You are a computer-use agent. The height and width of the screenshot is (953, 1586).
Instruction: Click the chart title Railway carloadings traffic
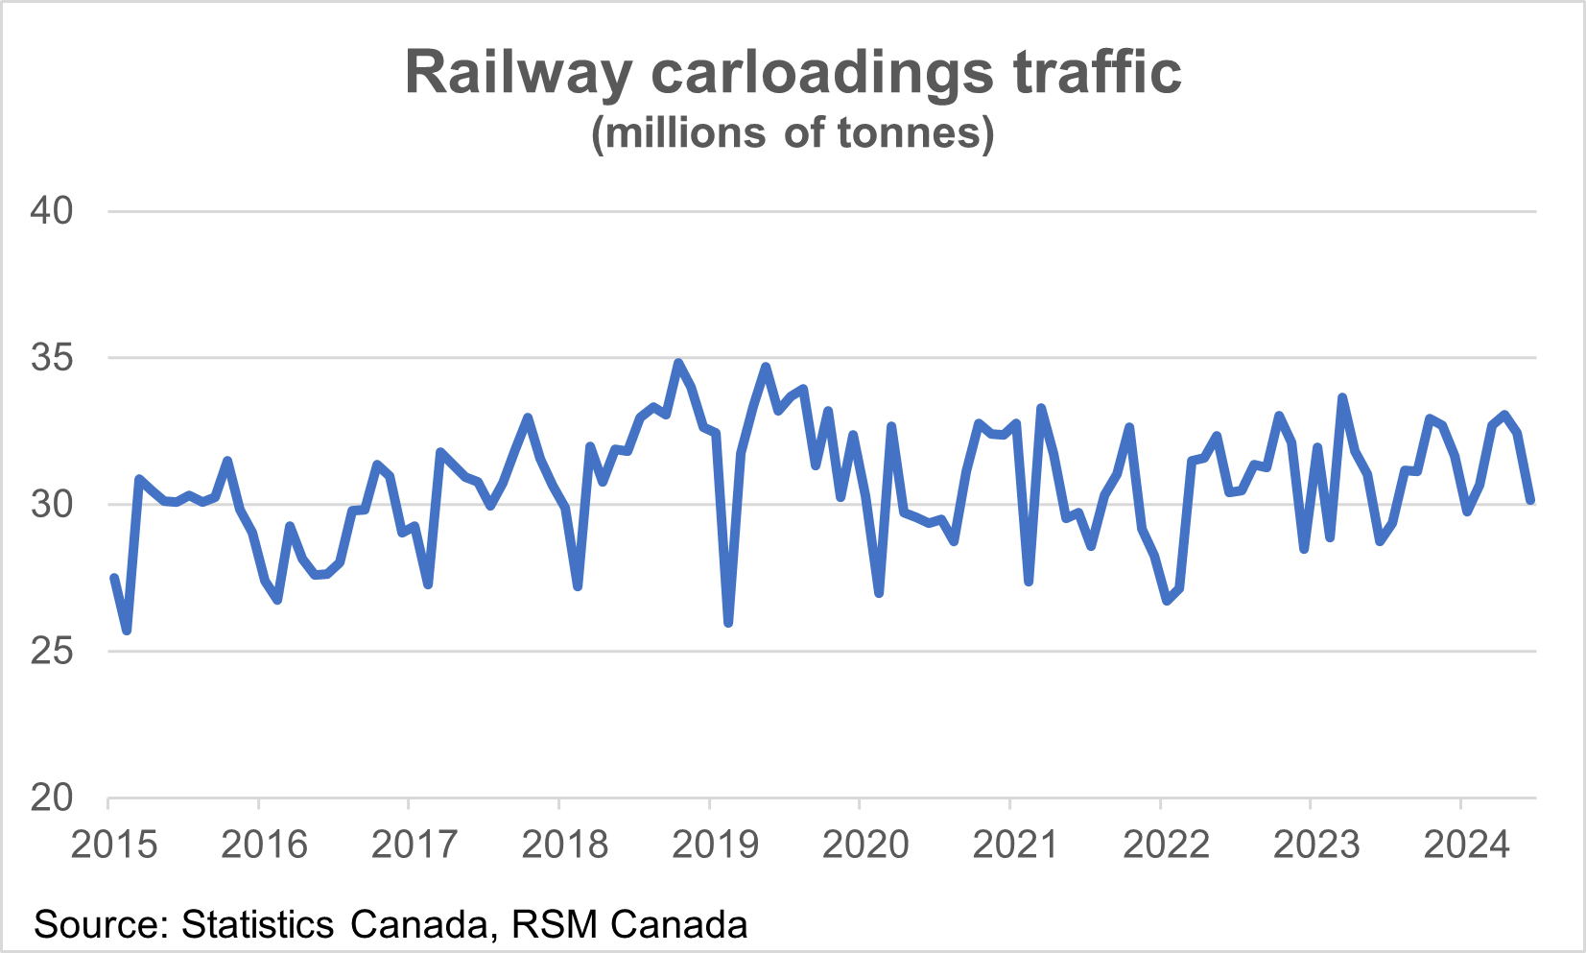tap(793, 72)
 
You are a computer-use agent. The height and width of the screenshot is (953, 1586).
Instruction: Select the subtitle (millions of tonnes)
tap(793, 132)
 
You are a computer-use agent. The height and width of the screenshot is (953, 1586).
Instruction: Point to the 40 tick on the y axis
tap(52, 211)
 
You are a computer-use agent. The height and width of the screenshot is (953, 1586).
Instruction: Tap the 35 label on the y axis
tap(52, 358)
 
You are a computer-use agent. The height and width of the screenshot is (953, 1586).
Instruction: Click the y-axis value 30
tap(52, 504)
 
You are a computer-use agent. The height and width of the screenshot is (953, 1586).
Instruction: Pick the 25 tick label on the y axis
tap(52, 652)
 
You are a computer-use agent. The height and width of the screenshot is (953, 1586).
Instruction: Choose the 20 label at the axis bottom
tap(52, 798)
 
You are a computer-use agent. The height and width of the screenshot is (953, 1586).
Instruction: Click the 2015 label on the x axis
tap(114, 845)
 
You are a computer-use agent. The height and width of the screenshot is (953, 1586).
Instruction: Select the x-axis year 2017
tap(414, 845)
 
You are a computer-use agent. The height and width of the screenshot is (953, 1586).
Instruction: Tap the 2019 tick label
tap(715, 845)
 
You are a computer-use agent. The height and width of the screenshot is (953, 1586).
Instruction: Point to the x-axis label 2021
tap(1015, 845)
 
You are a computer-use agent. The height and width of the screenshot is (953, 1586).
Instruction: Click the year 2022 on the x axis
tap(1166, 845)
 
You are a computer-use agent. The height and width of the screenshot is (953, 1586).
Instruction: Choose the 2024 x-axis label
tap(1466, 845)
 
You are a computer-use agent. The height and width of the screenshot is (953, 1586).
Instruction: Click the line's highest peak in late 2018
tap(678, 363)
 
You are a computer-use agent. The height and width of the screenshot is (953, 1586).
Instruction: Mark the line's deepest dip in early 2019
tap(728, 624)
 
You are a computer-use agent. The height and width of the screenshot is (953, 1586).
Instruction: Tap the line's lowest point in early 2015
tap(127, 631)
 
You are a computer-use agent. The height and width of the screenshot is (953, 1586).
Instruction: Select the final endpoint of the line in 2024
tap(1530, 500)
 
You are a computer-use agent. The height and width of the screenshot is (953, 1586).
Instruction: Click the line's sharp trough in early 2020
tap(879, 593)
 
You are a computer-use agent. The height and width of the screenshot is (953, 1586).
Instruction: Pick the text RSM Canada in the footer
tap(629, 925)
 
